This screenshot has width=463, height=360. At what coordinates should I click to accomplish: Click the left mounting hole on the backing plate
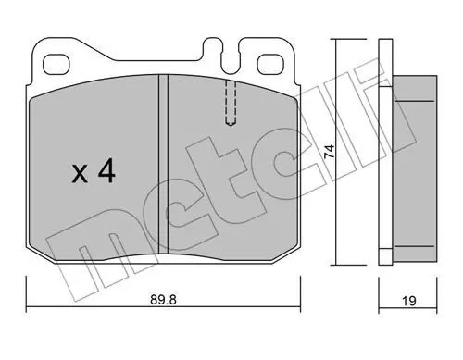tap(57, 63)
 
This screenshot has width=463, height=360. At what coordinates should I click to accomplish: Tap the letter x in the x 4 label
tap(81, 173)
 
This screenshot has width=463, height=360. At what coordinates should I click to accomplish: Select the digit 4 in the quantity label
tap(106, 171)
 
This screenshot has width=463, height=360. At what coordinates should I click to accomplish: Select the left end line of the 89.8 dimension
tap(27, 294)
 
